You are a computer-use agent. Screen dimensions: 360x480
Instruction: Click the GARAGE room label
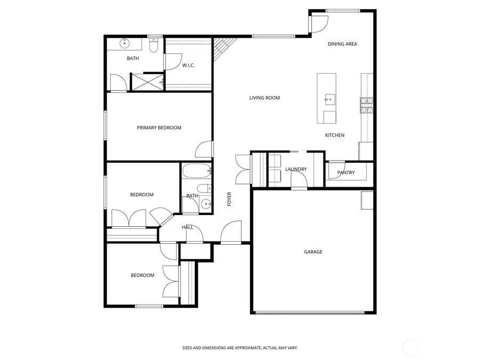313,252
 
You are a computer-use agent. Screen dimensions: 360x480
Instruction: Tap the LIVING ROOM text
265,98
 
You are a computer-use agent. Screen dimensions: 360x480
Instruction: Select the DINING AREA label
342,44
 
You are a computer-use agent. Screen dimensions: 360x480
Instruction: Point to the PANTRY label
346,172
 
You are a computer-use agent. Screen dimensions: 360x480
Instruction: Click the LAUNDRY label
295,169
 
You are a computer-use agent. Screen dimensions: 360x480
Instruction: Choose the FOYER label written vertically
229,199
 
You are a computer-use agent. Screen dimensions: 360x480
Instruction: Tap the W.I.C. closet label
188,65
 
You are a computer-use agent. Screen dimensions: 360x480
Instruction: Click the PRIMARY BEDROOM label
159,127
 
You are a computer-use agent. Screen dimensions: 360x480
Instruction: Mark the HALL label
187,227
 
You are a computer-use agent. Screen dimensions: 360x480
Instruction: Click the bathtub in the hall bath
196,172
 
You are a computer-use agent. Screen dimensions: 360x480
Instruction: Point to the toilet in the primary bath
153,47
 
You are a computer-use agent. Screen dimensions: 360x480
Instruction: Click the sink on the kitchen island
329,98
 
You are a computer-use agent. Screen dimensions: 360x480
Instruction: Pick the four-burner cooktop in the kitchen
367,105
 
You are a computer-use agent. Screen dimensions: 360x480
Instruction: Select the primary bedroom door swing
204,149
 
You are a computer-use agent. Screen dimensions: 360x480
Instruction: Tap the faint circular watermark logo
410,349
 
